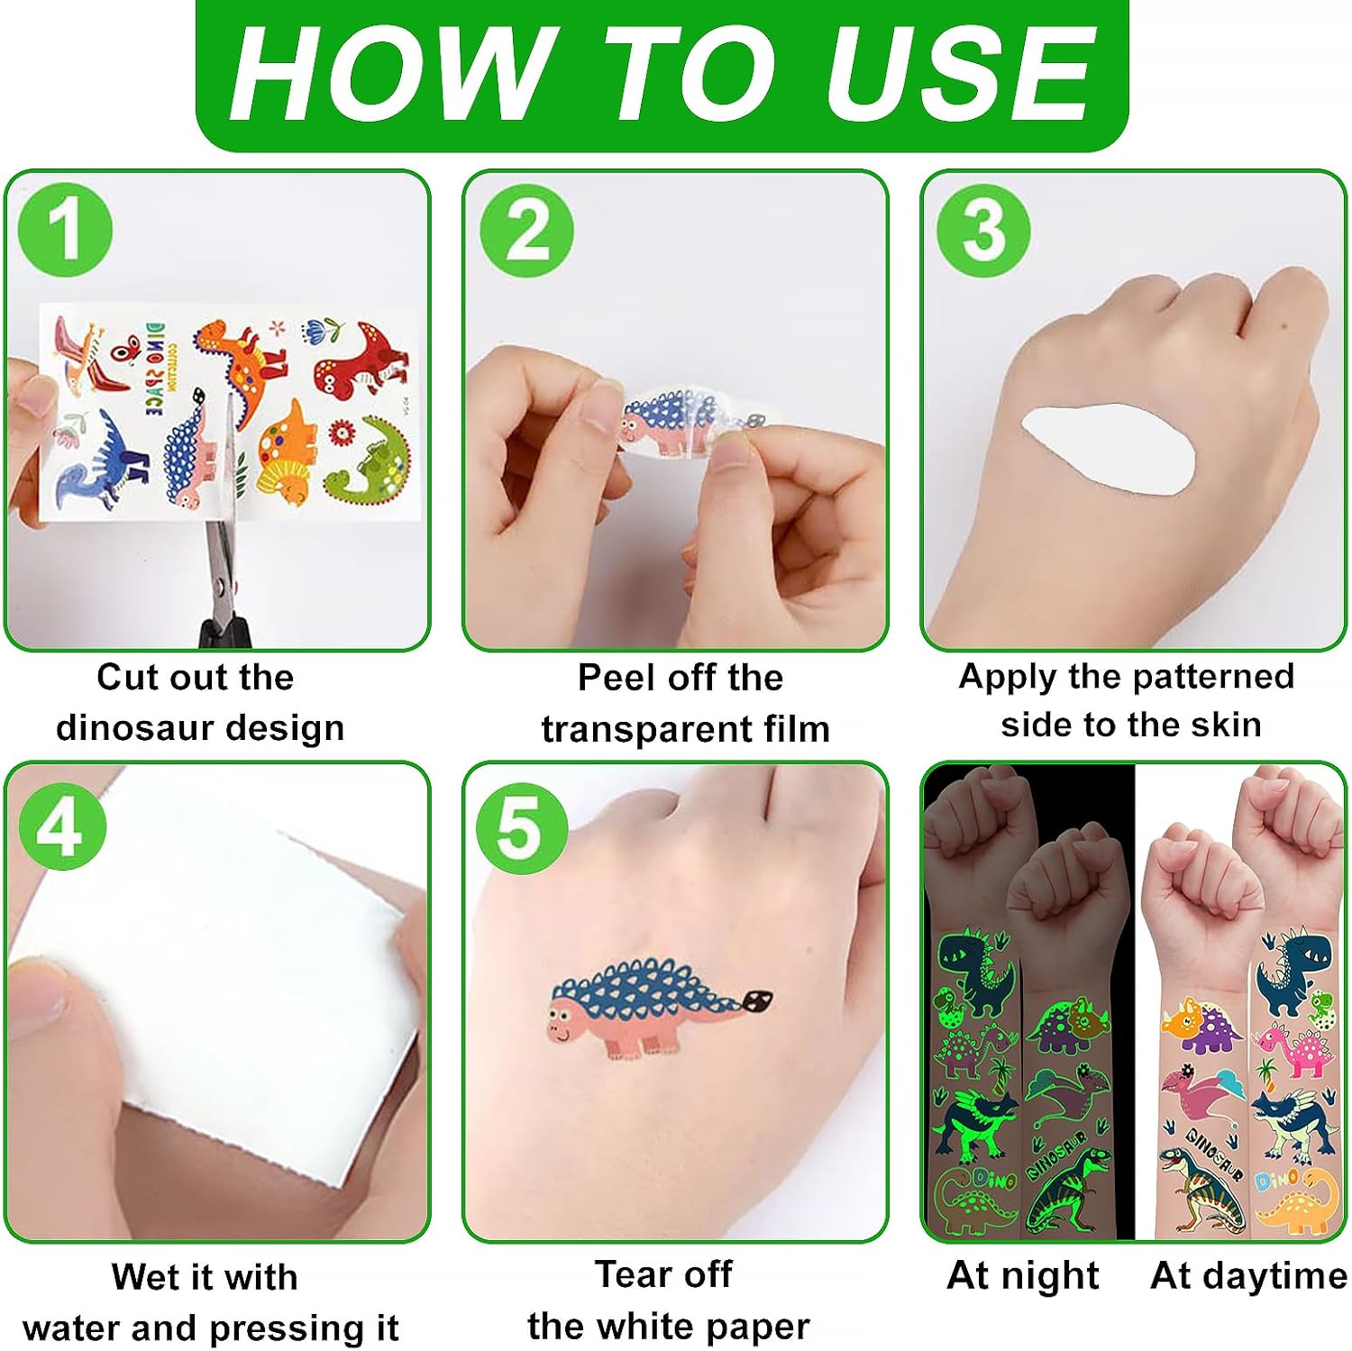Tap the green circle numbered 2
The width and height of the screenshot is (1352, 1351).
526,231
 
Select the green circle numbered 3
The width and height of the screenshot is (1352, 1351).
983,231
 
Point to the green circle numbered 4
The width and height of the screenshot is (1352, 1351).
61,826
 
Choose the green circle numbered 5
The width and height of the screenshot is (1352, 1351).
522,827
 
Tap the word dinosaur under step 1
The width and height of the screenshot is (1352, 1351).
135,727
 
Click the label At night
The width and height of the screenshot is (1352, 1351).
1023,1277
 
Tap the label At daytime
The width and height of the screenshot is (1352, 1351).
1249,1277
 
